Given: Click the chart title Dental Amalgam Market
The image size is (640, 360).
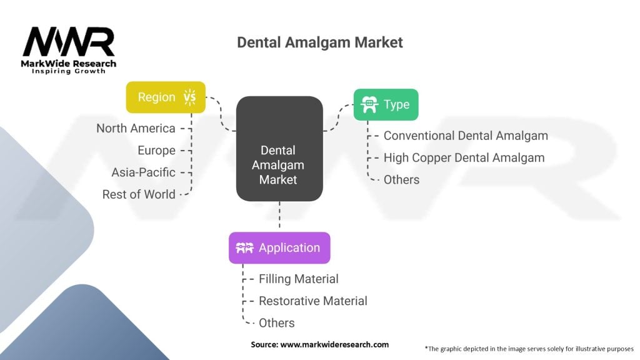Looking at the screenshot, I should pos(320,42).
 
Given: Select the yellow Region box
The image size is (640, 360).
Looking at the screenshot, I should pos(166,97).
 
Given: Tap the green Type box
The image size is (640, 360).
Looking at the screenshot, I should pos(386,104).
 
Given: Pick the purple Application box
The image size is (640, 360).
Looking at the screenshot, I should pos(279,247).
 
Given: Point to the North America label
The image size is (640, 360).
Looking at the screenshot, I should pos(136,128).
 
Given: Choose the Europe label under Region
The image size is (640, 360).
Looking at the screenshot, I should pos(156,150).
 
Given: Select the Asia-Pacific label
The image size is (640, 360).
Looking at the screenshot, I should pos(143,172).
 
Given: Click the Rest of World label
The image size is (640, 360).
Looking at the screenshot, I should pos(139,194).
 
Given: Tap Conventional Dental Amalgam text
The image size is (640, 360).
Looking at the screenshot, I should pos(466,136).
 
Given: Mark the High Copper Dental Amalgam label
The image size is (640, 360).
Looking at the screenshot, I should pos(464,157).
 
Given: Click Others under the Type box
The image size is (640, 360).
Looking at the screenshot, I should pos(401,179).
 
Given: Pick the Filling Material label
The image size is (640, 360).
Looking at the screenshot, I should pos(299,279).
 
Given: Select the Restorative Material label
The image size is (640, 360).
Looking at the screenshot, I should pos(313,301).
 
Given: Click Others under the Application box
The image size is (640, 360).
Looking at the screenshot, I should pos(277,322).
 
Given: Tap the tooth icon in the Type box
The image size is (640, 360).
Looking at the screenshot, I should pos(369,104).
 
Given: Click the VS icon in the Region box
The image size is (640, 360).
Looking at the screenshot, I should pos(190,97).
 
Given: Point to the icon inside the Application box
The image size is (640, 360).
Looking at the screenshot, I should pos(244,248).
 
